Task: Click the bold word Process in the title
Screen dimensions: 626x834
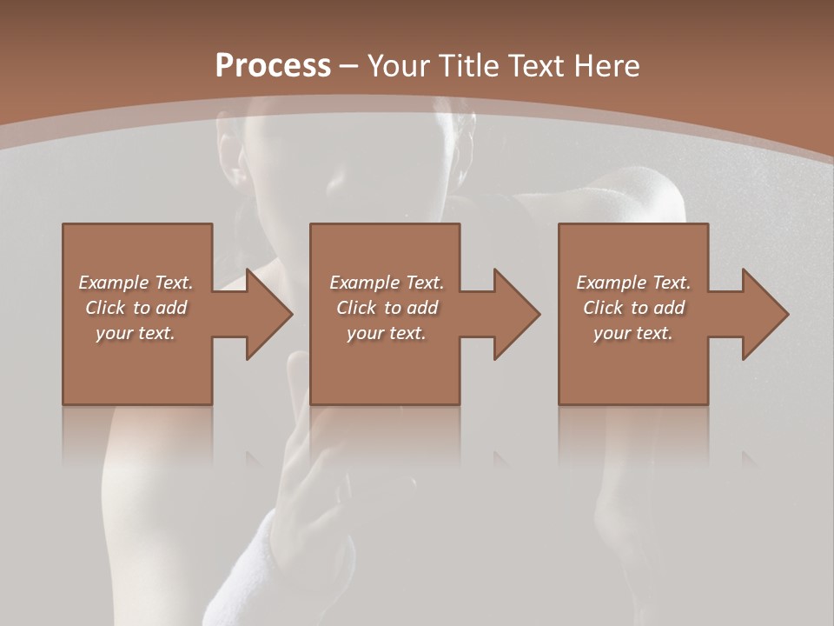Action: (273, 65)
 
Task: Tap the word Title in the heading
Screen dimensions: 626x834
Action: (467, 65)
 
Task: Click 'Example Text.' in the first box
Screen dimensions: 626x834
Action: (136, 283)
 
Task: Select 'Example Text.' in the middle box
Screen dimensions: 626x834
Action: (386, 283)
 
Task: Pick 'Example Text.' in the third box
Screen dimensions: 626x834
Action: (633, 283)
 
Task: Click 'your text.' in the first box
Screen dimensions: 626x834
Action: (136, 333)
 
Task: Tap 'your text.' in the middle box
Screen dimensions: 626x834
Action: (386, 333)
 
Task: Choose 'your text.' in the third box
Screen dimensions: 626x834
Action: (633, 333)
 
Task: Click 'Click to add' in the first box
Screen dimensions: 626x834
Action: (136, 308)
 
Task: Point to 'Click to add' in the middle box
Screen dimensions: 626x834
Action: (386, 308)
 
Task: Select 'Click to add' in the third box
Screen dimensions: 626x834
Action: (633, 308)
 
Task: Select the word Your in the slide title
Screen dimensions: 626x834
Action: (397, 65)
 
